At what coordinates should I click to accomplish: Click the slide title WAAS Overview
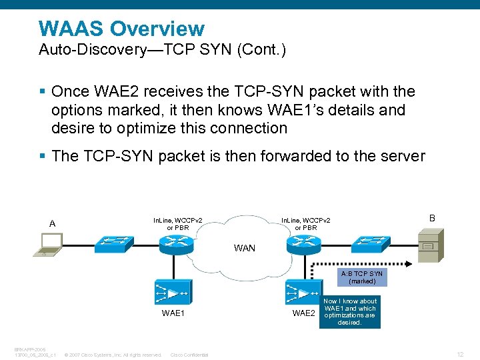tap(121, 29)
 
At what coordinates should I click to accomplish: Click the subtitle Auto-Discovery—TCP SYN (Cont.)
tap(162, 50)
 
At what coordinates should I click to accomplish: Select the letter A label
tap(53, 224)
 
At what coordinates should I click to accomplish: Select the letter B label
tap(431, 218)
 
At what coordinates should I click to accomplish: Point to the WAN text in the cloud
tap(244, 248)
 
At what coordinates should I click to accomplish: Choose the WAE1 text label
tap(173, 313)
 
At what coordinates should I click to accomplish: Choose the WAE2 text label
tap(304, 313)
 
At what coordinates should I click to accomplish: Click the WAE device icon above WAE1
tap(172, 292)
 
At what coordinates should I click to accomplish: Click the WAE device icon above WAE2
tap(304, 292)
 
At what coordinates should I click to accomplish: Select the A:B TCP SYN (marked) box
tap(362, 277)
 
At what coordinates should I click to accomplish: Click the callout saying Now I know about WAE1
tap(349, 312)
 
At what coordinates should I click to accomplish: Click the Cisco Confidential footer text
tap(189, 355)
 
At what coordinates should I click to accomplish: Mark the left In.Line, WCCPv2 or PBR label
tap(178, 224)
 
